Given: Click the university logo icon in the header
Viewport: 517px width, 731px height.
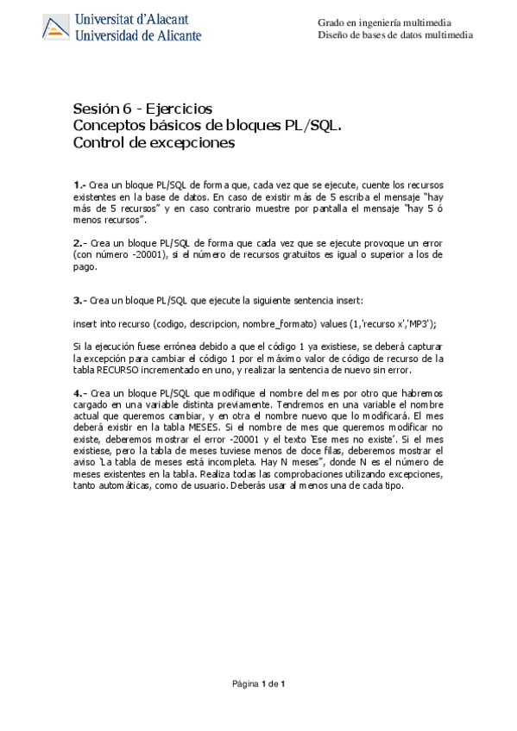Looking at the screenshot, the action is [57, 28].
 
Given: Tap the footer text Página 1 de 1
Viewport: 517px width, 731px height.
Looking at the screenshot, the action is [258, 684].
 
